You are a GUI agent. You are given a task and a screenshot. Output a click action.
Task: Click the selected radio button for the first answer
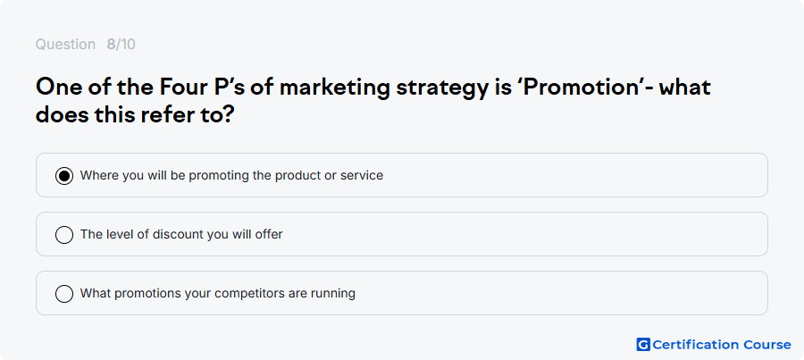[64, 176]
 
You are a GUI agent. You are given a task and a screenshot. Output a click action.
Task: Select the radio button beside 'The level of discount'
[64, 235]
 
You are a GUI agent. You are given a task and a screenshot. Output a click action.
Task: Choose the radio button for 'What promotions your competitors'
[64, 294]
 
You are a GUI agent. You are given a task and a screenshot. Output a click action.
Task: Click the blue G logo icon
[643, 345]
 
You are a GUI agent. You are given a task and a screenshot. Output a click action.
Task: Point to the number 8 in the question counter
[111, 45]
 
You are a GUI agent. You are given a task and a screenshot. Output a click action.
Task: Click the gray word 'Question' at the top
[65, 45]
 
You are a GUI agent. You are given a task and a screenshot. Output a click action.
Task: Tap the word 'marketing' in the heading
[335, 88]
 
